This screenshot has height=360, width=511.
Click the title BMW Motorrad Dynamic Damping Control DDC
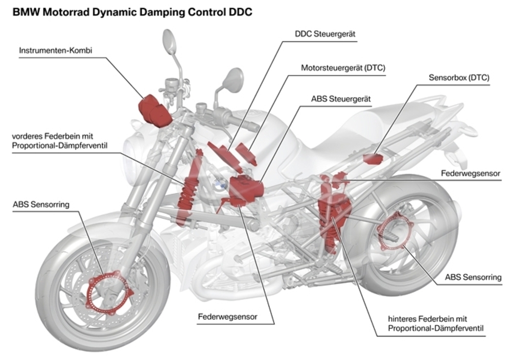(x=132, y=12)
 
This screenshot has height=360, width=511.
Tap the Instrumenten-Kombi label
(x=51, y=51)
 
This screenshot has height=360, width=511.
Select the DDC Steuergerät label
(x=325, y=34)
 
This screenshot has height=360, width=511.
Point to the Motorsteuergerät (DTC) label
(x=343, y=67)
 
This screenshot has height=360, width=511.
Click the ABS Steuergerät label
(x=341, y=99)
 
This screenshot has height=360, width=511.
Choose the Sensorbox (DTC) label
(x=459, y=78)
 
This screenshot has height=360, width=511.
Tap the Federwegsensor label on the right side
(x=470, y=173)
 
